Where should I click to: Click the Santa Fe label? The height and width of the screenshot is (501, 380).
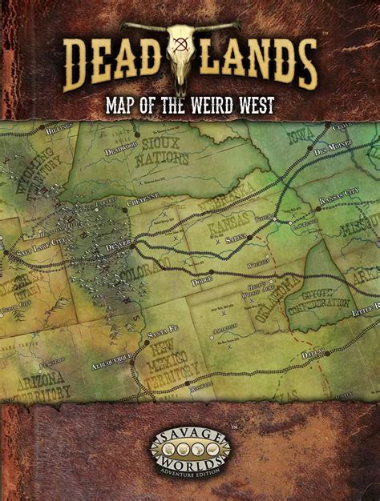162,331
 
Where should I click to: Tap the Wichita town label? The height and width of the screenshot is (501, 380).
259,264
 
